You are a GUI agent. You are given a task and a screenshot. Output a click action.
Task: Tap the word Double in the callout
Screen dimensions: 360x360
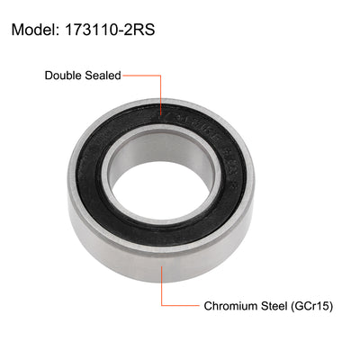click(65, 76)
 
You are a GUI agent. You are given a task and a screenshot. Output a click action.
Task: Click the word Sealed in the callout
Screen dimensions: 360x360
click(103, 76)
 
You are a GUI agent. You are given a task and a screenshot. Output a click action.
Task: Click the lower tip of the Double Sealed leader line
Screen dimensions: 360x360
click(161, 116)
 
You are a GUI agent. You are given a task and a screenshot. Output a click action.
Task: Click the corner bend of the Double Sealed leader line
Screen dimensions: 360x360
click(161, 76)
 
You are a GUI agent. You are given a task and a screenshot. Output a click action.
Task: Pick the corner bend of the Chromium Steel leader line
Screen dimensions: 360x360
click(163, 306)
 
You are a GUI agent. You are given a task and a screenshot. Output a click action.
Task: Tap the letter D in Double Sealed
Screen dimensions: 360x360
click(49, 76)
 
